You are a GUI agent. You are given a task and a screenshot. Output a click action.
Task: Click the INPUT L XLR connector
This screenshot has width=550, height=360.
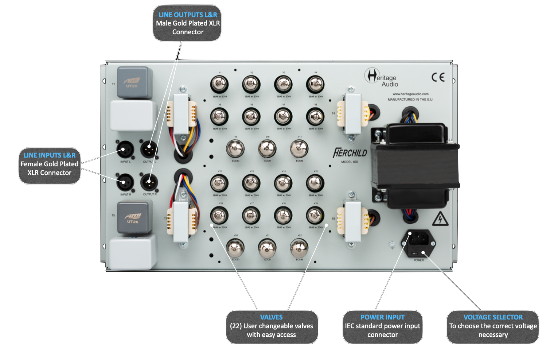coord(125,150)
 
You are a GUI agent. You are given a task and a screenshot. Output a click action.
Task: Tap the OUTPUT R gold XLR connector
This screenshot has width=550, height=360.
coord(149,182)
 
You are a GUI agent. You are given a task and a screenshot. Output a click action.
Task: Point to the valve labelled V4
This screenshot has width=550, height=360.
coord(315,84)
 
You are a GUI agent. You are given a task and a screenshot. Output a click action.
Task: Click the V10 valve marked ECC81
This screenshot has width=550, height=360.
coord(267,148)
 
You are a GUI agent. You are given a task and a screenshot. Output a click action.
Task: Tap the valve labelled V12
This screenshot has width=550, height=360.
coord(219,183)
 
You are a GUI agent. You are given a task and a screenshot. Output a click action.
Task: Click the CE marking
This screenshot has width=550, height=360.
coord(438,77)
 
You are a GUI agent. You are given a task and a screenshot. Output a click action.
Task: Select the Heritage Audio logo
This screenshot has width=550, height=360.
coord(381,78)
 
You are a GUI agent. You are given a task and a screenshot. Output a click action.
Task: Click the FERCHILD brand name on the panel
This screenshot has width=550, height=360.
coord(350,153)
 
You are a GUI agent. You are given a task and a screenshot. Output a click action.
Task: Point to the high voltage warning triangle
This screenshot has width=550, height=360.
coord(440,219)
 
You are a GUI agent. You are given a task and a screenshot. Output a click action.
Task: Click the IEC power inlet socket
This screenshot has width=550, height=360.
coord(418,239)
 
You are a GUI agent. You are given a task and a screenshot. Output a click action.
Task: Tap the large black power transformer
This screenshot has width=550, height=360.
coord(414,166)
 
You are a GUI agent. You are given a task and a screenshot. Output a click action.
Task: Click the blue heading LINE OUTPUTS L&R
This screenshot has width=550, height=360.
coord(188,15)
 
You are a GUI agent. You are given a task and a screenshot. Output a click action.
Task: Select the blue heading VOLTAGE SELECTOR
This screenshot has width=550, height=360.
coord(493,317)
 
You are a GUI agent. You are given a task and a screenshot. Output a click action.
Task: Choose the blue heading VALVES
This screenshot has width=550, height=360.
coord(271,317)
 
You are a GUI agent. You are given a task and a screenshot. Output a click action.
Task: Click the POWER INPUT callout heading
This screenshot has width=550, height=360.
coord(382,317)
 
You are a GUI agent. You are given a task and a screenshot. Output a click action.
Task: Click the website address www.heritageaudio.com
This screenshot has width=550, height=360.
coord(410,94)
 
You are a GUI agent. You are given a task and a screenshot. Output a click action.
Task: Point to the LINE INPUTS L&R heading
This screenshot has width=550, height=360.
coord(50,155)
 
